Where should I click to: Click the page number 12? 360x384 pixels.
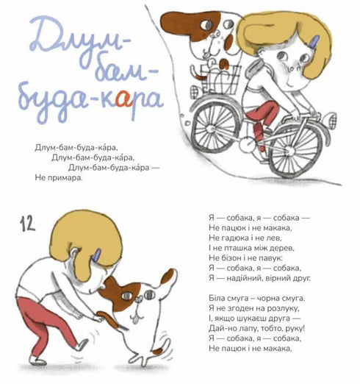(x=27, y=224)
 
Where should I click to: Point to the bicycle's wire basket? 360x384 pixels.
(x=220, y=79)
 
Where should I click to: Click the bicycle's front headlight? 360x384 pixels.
(x=331, y=120)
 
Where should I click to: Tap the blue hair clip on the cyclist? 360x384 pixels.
(x=314, y=42)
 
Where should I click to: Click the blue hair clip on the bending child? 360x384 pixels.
(x=97, y=256)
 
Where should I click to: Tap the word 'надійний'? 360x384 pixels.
(x=245, y=278)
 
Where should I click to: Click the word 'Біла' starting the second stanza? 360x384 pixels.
(x=217, y=298)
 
